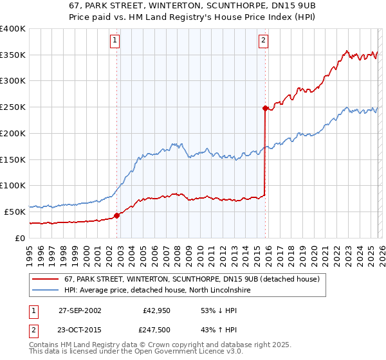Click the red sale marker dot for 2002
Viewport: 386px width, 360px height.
point(117,215)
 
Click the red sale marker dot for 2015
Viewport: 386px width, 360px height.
point(265,109)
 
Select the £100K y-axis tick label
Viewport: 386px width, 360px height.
point(13,185)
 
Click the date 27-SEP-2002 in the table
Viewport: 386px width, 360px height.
point(79,310)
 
